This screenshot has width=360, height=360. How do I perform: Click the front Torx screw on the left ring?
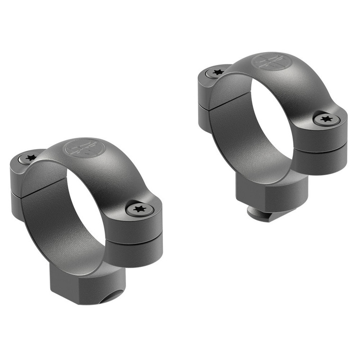[x=139, y=209]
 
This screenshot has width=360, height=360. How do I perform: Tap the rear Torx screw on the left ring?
[x=31, y=158]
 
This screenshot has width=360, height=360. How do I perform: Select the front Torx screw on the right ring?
[x=326, y=119]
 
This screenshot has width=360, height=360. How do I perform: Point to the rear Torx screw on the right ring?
[x=218, y=72]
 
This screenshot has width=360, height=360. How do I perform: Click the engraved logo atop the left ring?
[x=84, y=148]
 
